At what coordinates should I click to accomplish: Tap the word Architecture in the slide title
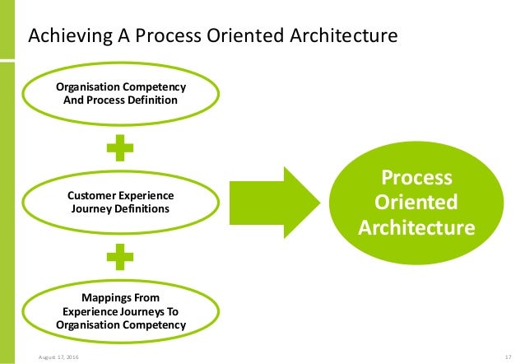point(345,36)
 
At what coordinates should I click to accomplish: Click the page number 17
point(508,357)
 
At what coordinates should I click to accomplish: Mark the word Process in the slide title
point(186,36)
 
